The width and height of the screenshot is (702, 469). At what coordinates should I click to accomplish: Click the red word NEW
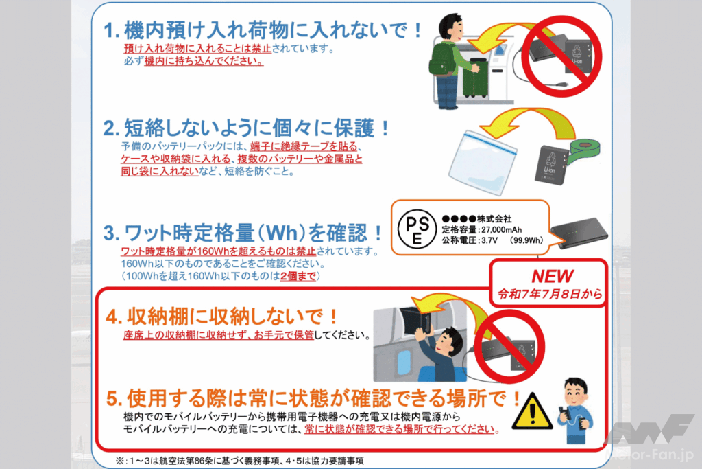tap(553, 276)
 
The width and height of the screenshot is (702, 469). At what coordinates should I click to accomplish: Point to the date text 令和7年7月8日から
tap(553, 295)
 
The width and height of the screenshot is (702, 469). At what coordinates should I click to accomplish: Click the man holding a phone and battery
tap(573, 410)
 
